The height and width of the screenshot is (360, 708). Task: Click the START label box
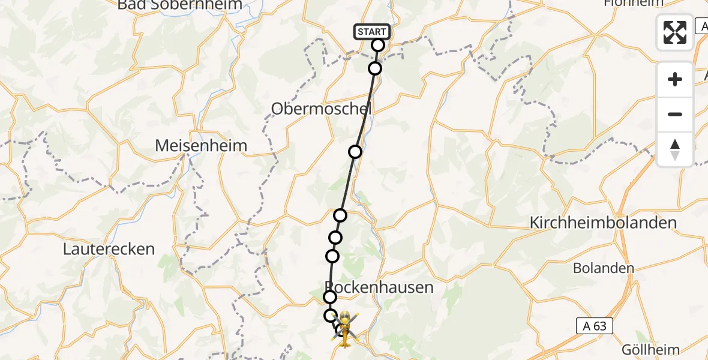click(x=373, y=31)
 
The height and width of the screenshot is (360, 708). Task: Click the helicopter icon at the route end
click(x=346, y=328)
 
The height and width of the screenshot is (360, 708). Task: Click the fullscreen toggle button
click(x=675, y=32)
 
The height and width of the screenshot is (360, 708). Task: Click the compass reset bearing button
click(x=675, y=149)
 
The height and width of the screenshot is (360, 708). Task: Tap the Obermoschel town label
click(x=321, y=109)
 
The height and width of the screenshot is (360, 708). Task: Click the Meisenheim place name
click(x=201, y=145)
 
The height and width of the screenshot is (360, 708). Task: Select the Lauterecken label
click(x=109, y=249)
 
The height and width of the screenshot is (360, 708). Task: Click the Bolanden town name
click(x=604, y=268)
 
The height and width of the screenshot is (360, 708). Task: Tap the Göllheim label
click(x=650, y=350)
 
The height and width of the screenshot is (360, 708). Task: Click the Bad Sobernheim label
click(x=180, y=5)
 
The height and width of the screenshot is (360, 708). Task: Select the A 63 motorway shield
click(x=595, y=326)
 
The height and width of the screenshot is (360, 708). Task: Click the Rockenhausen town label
click(x=379, y=287)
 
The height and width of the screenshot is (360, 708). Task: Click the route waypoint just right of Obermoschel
click(x=356, y=152)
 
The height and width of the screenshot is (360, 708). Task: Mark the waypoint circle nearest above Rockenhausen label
click(x=332, y=257)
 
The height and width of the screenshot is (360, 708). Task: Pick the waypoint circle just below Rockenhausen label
click(x=330, y=297)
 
